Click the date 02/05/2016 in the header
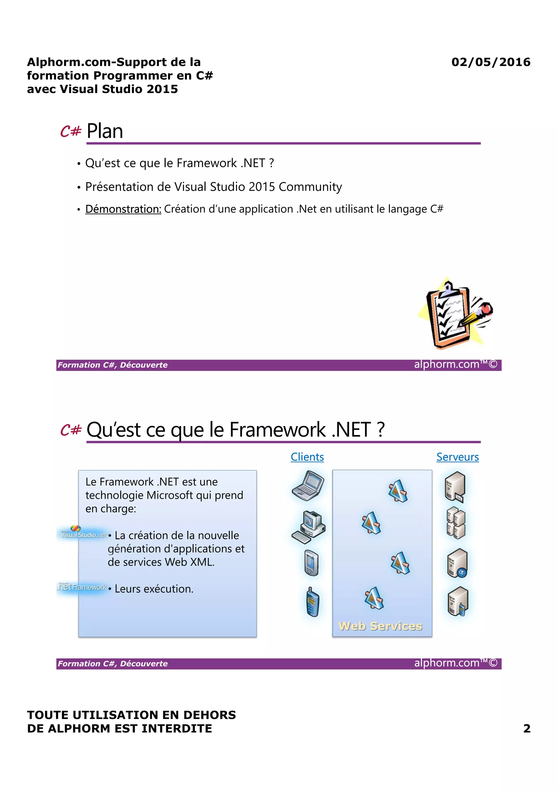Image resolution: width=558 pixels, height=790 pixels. (491, 62)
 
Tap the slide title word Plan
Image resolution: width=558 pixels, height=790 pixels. (105, 131)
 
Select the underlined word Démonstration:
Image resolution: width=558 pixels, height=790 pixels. (123, 209)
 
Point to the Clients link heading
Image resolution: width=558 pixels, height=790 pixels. (307, 457)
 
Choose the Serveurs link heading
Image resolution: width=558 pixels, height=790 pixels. (457, 457)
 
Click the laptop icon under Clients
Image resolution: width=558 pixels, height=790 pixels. (308, 486)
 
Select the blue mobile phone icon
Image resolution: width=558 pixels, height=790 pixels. (313, 602)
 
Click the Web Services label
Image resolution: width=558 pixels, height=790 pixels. (380, 626)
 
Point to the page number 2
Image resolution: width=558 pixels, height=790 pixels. (526, 728)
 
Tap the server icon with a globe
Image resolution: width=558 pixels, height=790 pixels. (457, 563)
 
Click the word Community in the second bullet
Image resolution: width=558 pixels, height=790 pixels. (310, 187)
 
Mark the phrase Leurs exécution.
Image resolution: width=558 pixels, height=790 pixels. (154, 589)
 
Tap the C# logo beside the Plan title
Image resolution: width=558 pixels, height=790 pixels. (71, 131)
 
